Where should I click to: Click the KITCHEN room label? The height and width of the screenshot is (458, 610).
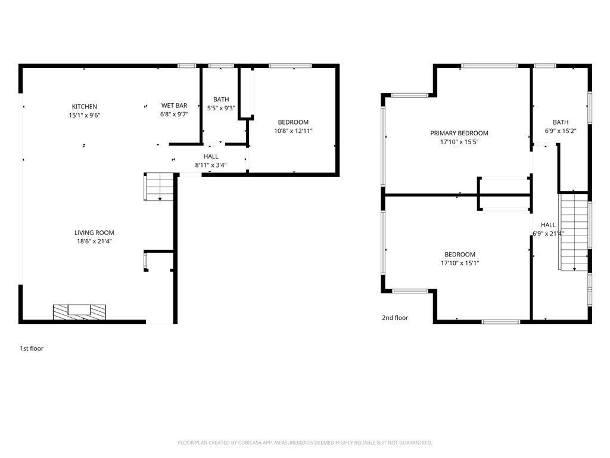tap(85, 107)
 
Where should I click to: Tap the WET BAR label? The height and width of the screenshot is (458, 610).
tap(175, 106)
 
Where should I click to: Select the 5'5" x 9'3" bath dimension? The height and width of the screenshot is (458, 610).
tap(221, 109)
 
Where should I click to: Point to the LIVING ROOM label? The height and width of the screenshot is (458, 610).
tap(94, 233)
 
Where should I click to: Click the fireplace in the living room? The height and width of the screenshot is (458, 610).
tap(79, 312)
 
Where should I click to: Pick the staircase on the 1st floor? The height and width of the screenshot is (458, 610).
tap(159, 187)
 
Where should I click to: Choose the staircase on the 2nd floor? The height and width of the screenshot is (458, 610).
tap(574, 232)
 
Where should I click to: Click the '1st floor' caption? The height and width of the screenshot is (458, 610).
tap(32, 348)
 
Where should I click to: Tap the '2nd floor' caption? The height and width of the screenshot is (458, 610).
tap(395, 318)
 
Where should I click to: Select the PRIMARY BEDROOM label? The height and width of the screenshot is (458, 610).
tap(459, 133)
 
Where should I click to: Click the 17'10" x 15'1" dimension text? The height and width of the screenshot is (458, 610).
tap(460, 263)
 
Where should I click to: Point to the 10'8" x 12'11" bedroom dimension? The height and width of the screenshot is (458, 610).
tap(293, 131)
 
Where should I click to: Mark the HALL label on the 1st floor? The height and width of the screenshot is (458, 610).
tap(211, 157)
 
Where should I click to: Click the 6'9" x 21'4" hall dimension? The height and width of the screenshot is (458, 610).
tap(548, 234)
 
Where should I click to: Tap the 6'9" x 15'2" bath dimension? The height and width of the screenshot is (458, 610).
tap(561, 131)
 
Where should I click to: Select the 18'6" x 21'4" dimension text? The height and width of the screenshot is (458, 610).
tap(94, 242)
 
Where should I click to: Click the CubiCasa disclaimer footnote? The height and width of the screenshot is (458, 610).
tap(305, 443)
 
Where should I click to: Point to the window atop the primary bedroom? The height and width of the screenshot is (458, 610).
tap(490, 66)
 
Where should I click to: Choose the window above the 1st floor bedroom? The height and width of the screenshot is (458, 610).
tap(290, 66)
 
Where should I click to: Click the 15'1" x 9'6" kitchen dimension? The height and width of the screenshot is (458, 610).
tap(85, 116)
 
